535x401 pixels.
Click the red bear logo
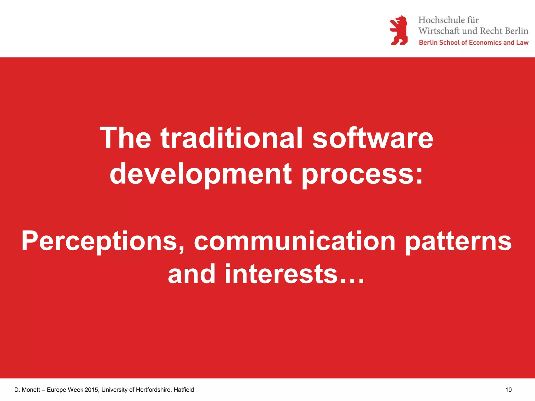(x=399, y=30)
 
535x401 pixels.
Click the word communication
(x=294, y=241)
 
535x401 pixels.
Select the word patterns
(x=458, y=241)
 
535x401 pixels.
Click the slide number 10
(x=508, y=390)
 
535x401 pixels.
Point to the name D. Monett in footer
(x=27, y=390)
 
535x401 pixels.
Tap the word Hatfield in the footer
(x=184, y=390)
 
